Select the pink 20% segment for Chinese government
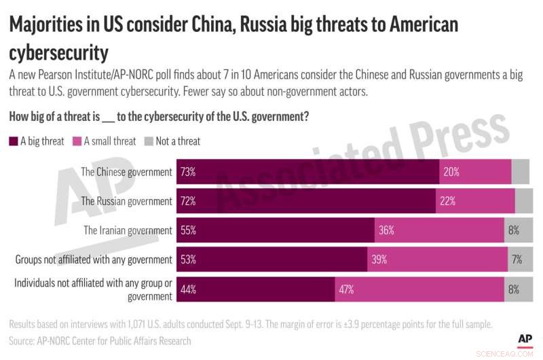[475, 172]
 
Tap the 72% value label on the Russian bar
[188, 201]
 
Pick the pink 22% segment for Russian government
[475, 201]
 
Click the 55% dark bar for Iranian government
[276, 230]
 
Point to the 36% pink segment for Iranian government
[439, 230]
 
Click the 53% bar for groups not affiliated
[271, 259]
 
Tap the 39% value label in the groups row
[379, 259]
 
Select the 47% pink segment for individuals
[419, 289]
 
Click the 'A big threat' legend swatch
[14, 141]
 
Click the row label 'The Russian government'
[126, 201]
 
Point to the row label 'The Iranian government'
[128, 230]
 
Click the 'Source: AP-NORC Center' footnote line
[100, 340]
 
